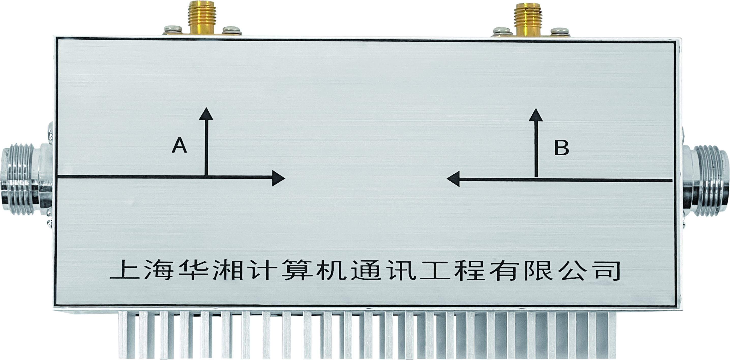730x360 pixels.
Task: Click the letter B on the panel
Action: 561,147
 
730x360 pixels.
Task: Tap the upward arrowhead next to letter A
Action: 206,113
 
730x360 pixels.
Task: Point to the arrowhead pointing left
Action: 453,179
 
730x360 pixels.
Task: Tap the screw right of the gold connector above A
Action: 232,31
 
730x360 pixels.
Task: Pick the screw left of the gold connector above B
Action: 501,32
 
